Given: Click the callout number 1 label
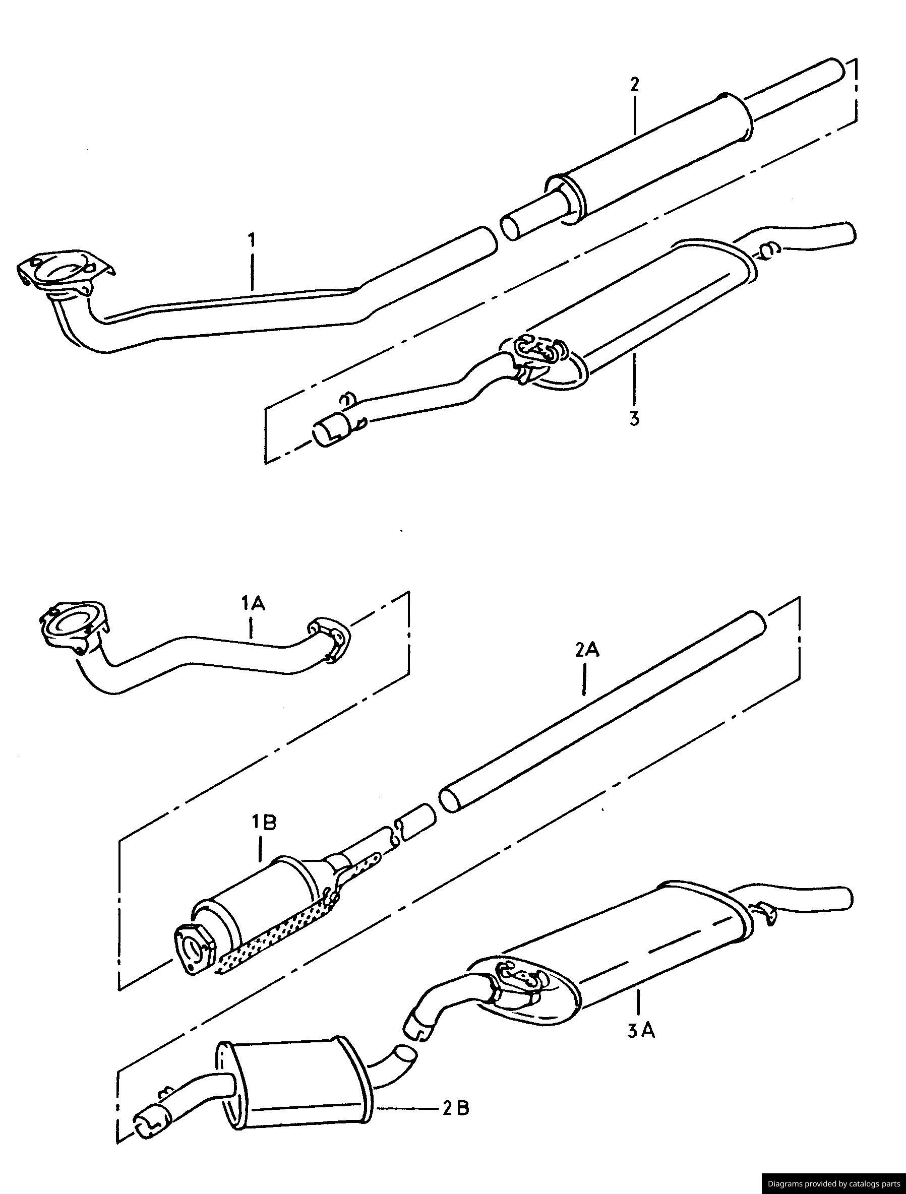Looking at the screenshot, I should (x=251, y=238).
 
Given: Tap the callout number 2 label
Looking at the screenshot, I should (x=634, y=85).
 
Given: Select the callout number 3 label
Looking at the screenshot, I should (x=634, y=417).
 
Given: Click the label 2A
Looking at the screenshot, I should (x=587, y=651).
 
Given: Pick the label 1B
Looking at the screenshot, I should (x=264, y=823).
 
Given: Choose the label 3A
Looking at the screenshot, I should (x=641, y=1032).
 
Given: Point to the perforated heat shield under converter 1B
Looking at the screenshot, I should (x=270, y=942).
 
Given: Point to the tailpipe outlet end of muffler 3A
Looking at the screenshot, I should (x=842, y=896).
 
